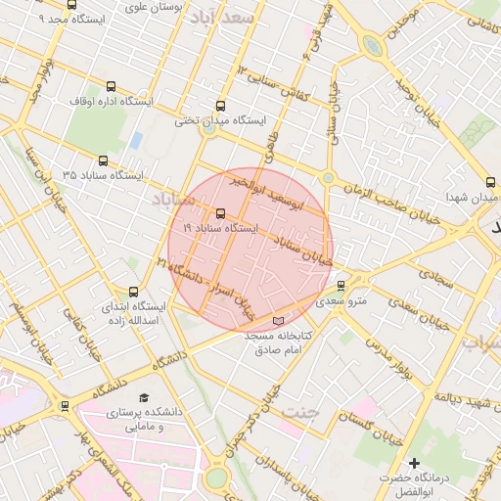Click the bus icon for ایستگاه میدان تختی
pos(220,106)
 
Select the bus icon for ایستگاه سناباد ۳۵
pos(104,160)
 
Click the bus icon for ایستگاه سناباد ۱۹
pos(220,213)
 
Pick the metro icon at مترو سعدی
pos(341,286)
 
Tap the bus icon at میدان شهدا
pos(490,182)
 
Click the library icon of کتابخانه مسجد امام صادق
pos(279,321)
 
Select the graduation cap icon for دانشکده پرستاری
pos(144,398)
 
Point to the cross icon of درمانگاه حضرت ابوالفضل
pos(414,462)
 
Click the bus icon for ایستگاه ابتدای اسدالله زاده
pos(134,291)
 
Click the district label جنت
pos(299,412)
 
